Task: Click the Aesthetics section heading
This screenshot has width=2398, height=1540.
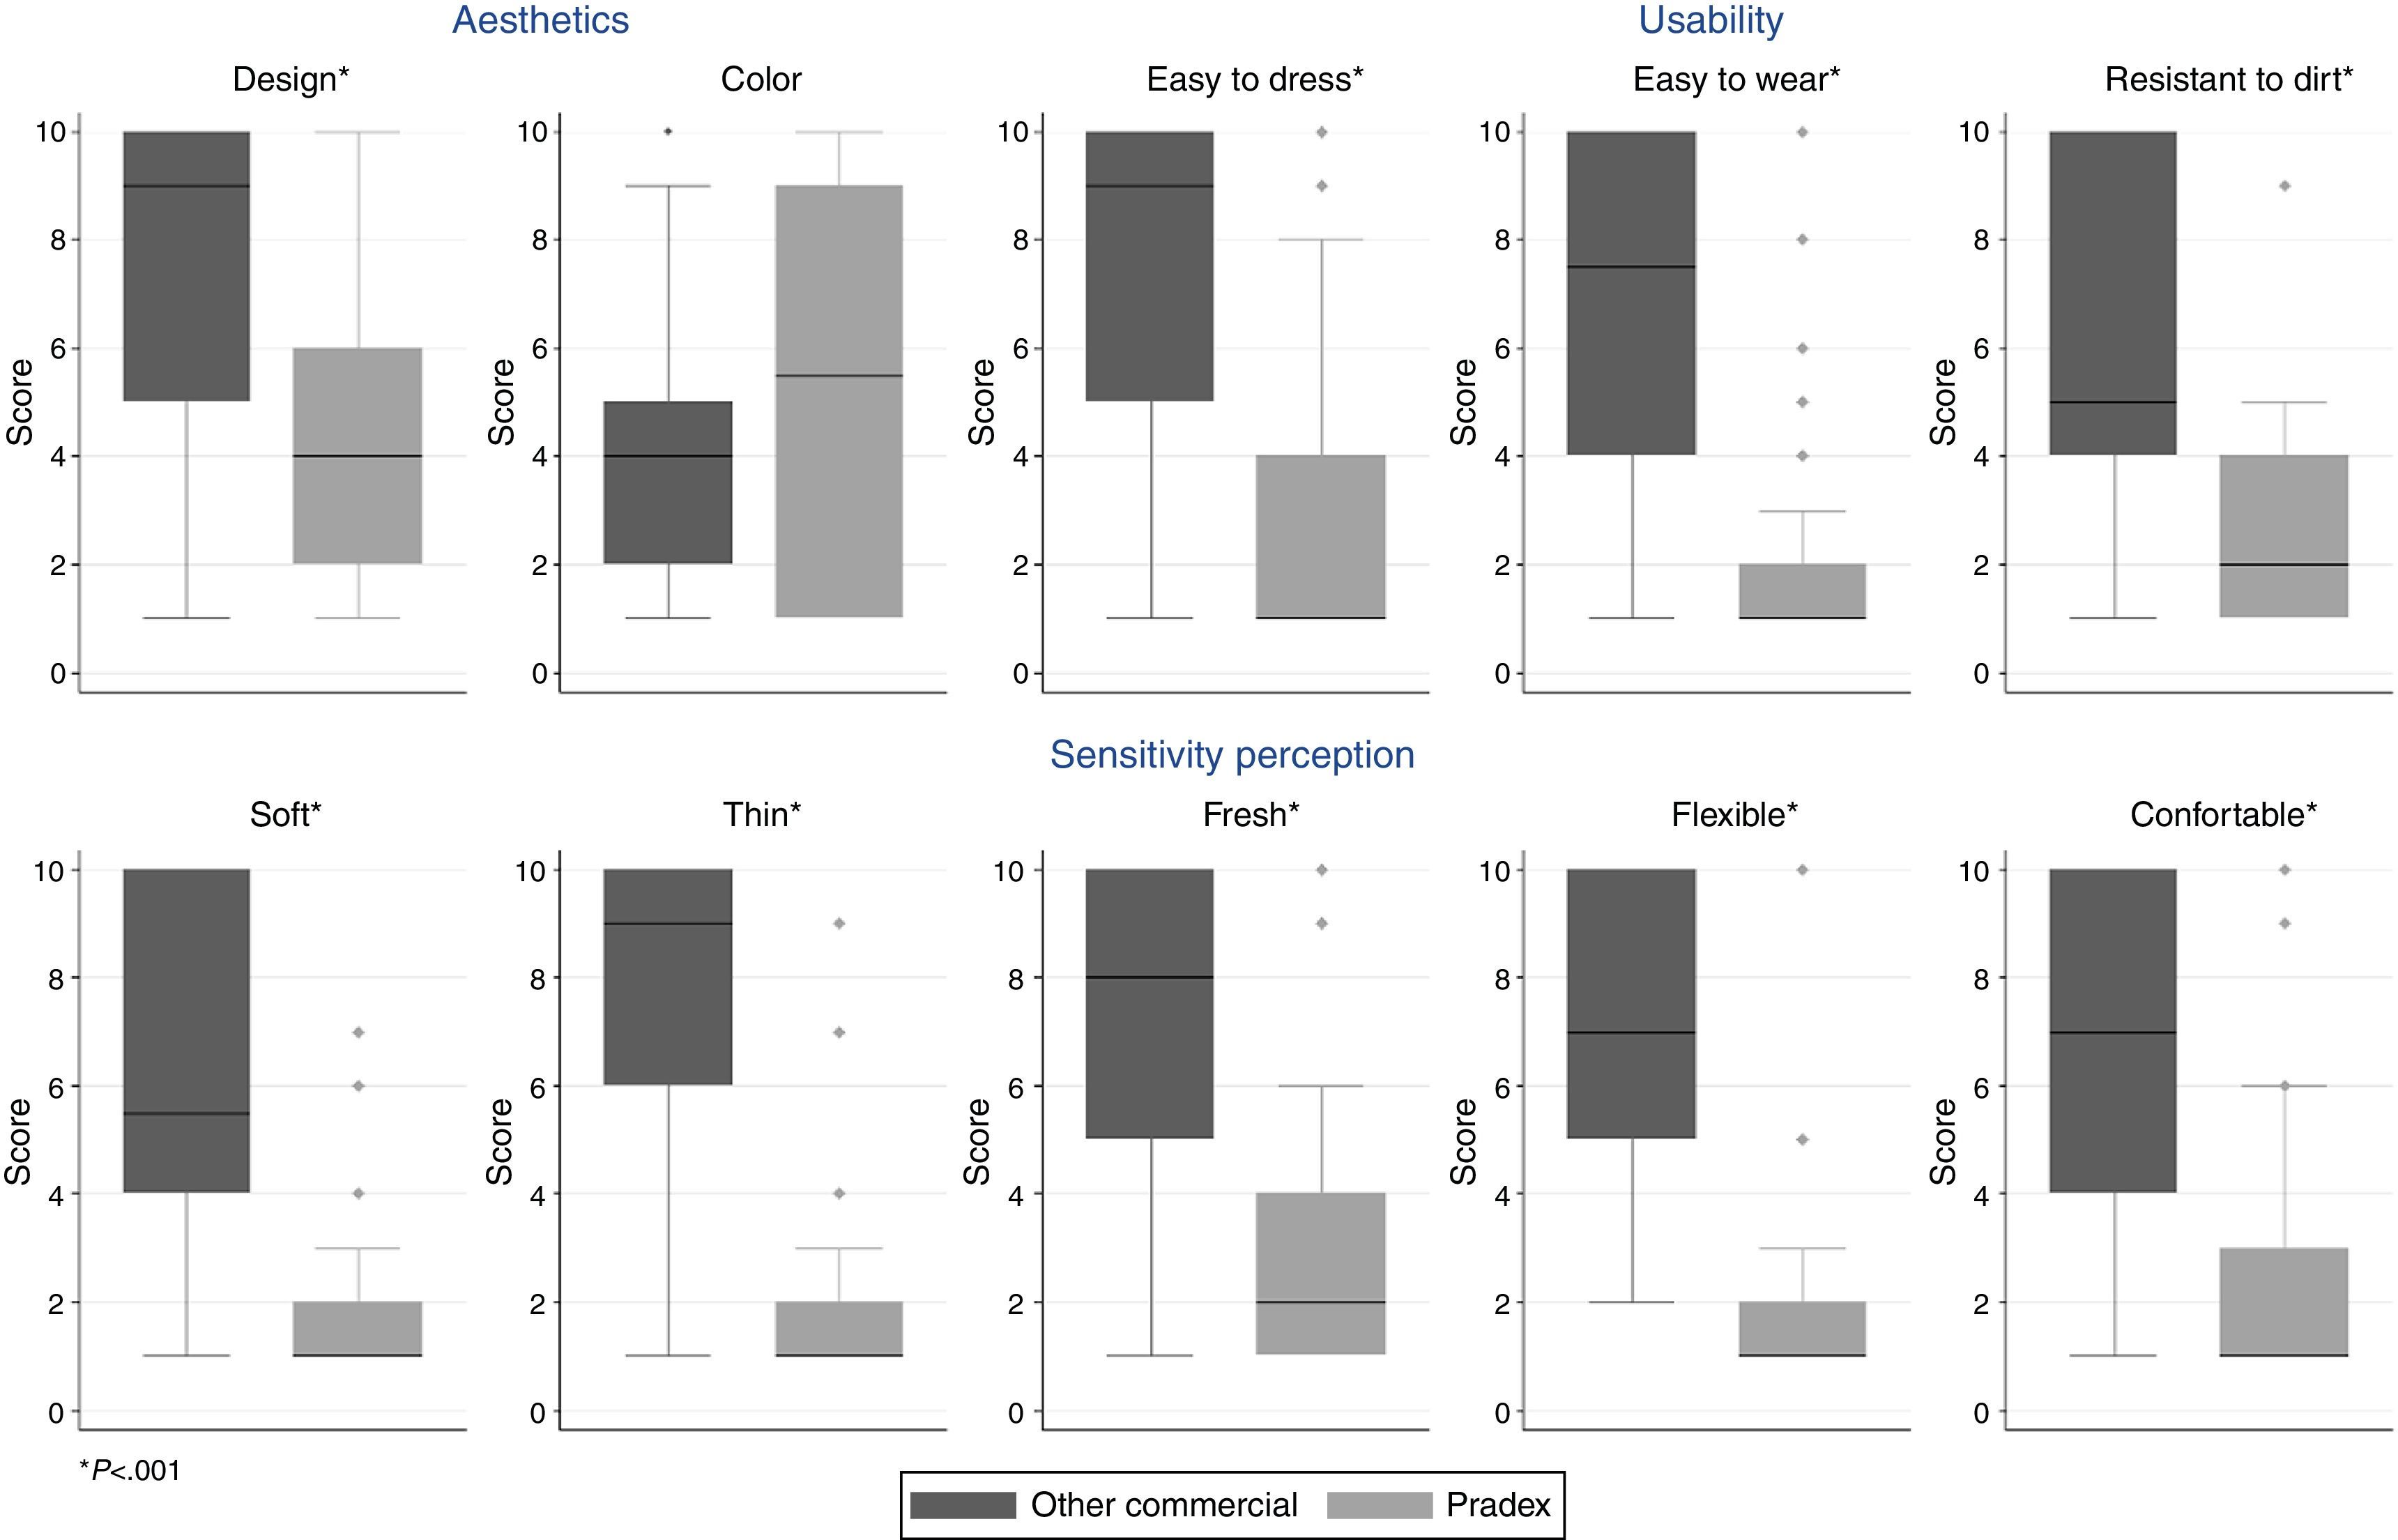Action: point(540,20)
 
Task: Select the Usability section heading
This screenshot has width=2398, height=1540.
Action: point(1710,20)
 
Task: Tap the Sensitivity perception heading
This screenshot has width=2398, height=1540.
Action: point(1232,755)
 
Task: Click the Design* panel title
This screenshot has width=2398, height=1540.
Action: point(291,79)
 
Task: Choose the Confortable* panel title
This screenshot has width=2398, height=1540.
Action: point(2223,815)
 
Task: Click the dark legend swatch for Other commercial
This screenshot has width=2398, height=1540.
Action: point(963,1505)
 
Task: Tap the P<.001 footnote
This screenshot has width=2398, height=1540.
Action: point(130,1470)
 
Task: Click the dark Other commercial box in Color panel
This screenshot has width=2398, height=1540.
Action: point(668,482)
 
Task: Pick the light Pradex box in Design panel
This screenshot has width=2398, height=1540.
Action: point(358,455)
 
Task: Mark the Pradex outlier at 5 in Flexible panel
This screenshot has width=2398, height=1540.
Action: point(1803,1139)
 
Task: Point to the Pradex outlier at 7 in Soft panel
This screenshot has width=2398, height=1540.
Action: point(358,1032)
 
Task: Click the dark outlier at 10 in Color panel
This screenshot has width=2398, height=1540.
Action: point(668,131)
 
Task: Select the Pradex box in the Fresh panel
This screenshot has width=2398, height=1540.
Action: point(1321,1273)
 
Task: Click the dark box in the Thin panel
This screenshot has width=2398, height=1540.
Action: point(668,977)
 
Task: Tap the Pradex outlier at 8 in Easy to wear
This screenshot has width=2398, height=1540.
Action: point(1803,240)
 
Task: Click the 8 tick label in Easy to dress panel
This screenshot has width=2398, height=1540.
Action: point(1019,240)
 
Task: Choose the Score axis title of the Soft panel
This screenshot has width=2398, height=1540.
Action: point(18,1141)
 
